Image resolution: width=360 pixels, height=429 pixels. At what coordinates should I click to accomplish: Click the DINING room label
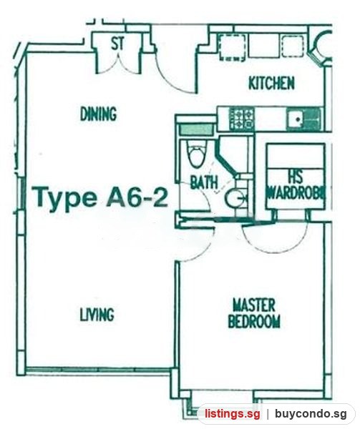98,114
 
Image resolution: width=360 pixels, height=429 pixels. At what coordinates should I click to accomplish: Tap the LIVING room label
97,315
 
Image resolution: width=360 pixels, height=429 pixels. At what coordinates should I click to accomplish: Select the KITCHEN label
271,83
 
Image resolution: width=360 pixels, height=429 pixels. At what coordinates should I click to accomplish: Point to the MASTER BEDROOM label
254,314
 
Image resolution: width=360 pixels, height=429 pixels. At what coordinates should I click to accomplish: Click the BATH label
204,182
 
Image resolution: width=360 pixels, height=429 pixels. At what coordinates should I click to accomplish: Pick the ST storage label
117,44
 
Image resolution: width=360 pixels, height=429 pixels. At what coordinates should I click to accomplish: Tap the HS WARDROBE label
296,185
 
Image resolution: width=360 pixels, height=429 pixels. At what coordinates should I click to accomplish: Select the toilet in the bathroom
197,154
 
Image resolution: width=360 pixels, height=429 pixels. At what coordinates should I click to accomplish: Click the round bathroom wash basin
235,198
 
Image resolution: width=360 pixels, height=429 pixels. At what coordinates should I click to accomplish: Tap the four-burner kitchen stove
241,119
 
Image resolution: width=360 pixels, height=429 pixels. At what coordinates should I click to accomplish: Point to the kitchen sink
303,119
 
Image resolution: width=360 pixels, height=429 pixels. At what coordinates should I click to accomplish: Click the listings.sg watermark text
232,413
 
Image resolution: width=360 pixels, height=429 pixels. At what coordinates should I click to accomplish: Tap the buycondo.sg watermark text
311,413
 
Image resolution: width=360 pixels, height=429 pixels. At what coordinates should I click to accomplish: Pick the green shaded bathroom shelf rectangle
196,129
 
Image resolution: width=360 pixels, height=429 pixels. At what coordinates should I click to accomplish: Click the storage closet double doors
118,64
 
